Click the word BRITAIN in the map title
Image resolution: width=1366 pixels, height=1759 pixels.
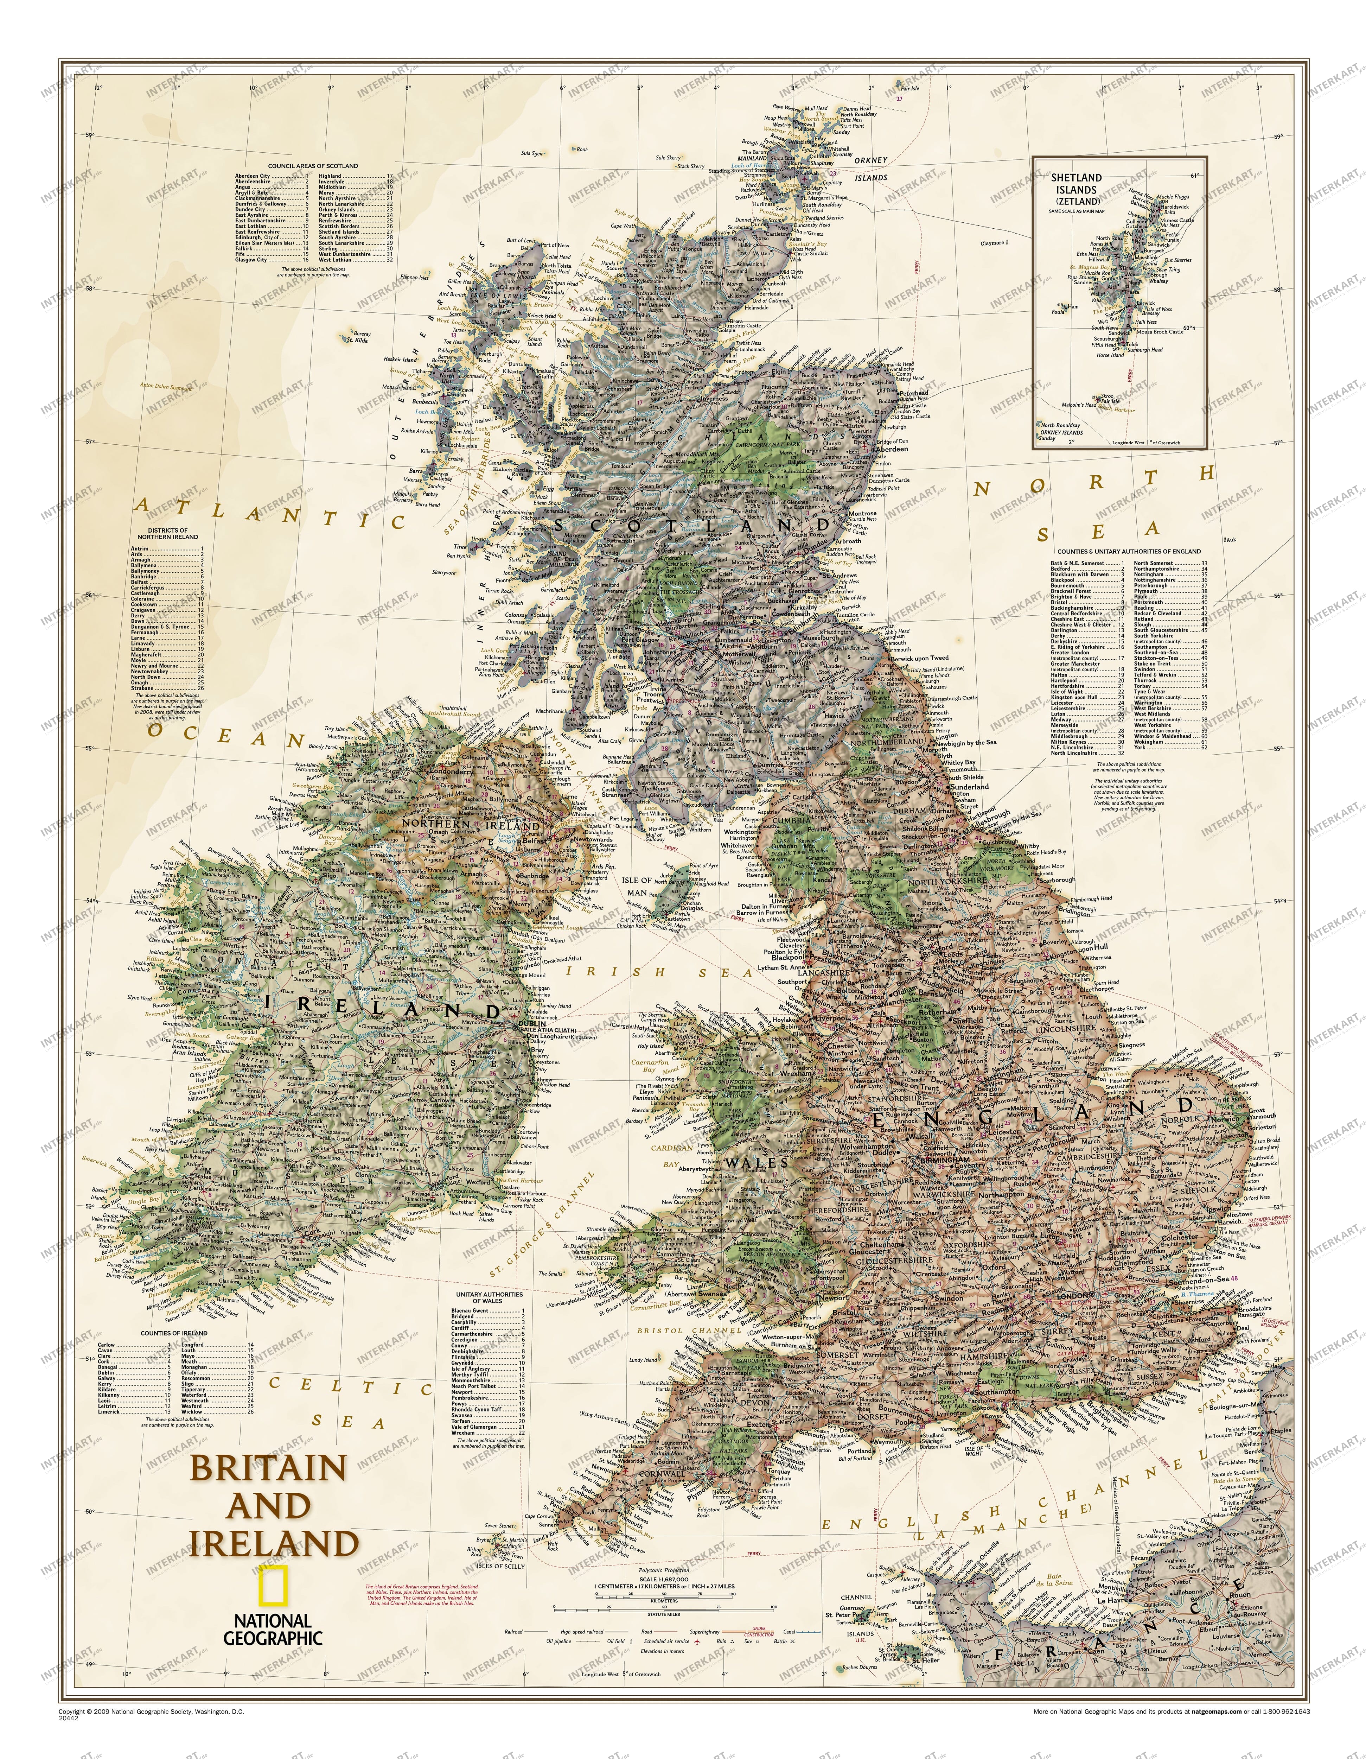267,1467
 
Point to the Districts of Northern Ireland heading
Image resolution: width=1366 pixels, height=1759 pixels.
167,533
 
